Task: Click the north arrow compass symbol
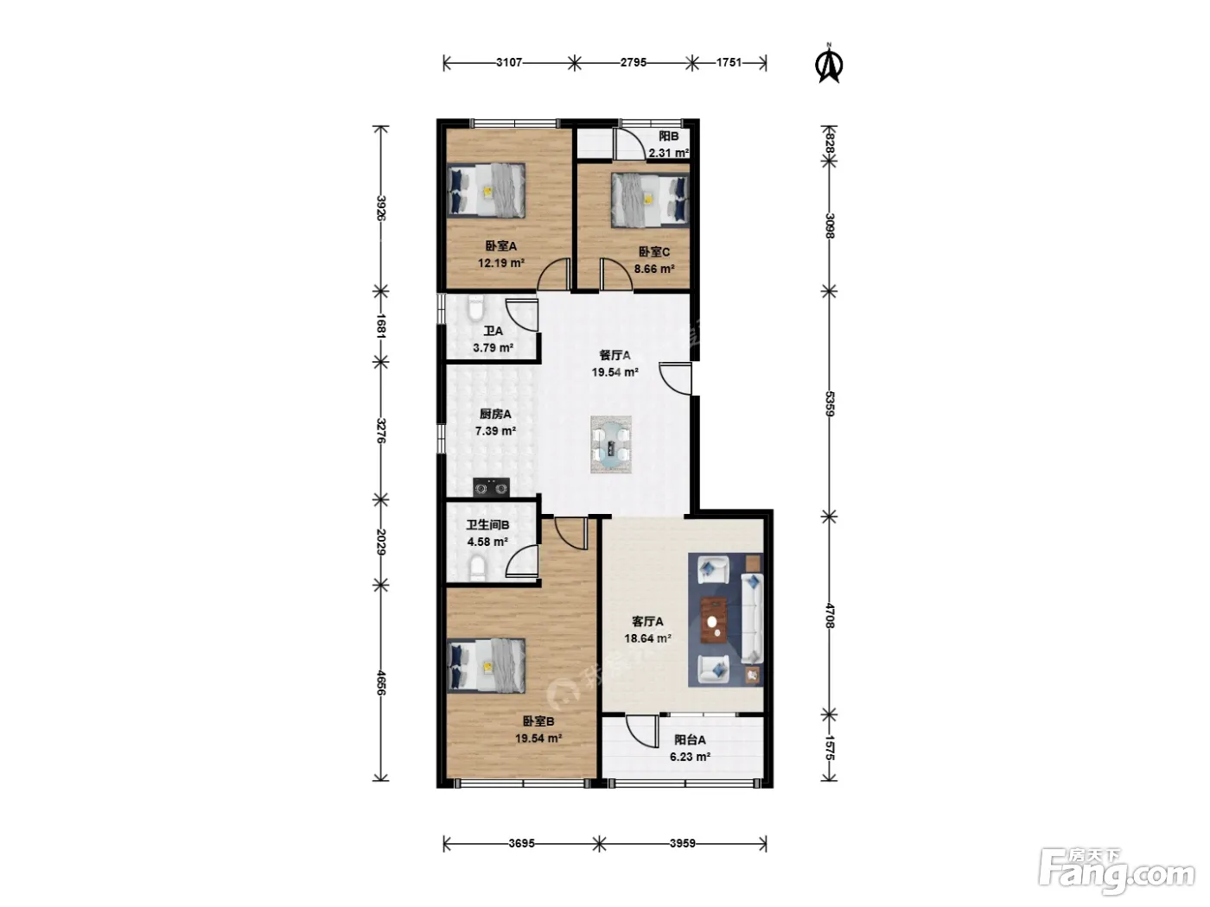click(x=828, y=64)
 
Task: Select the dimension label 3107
click(x=508, y=63)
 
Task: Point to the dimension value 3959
click(x=682, y=843)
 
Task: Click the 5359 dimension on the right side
click(x=830, y=403)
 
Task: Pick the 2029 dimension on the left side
click(x=380, y=542)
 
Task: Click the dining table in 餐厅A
click(x=611, y=444)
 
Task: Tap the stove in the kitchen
click(x=491, y=487)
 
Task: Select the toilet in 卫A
click(x=474, y=308)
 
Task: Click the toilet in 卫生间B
click(x=477, y=568)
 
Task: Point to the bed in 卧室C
click(x=650, y=200)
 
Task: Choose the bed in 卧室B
click(x=486, y=664)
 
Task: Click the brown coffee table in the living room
click(x=714, y=620)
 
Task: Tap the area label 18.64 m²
click(x=647, y=639)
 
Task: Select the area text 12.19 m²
click(x=500, y=263)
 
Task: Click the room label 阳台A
click(x=690, y=740)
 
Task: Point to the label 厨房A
click(x=495, y=414)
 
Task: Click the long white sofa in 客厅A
click(x=752, y=618)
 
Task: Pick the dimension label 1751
click(x=729, y=63)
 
